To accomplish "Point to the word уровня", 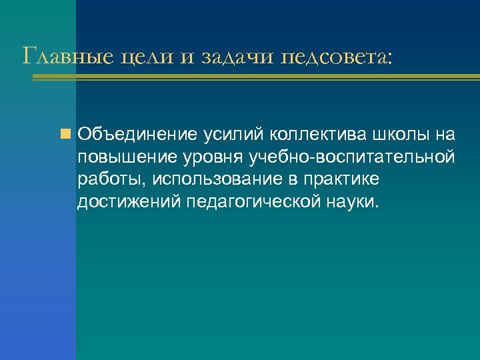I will point(203,157).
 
